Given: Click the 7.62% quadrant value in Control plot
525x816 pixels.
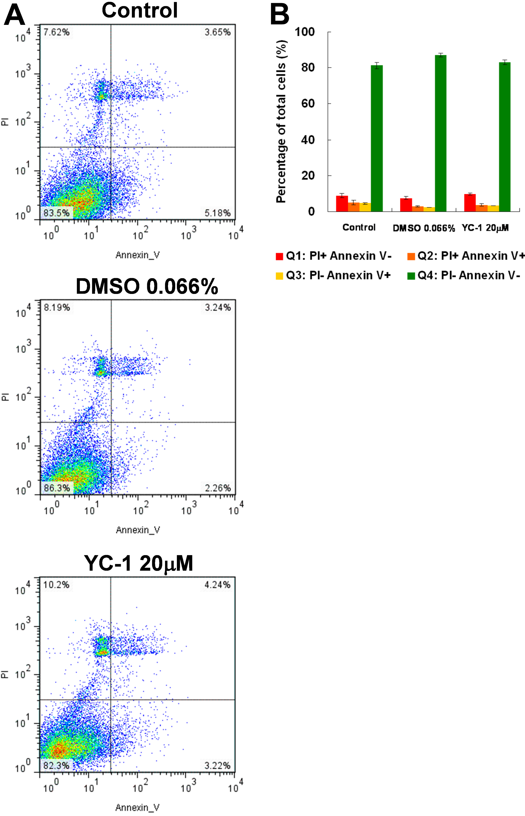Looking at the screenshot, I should [56, 32].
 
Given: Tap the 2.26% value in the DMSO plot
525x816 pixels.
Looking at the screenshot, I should [218, 488].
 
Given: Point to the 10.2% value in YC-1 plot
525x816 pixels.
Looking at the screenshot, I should [56, 585].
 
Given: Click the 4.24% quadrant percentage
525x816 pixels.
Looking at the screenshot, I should [218, 585].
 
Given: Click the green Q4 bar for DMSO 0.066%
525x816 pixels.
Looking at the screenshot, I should [441, 133].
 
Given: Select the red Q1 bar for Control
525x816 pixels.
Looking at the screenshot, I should [342, 204].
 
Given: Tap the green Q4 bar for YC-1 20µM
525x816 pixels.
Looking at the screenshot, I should [505, 137].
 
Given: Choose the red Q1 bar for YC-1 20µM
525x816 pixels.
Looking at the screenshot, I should [470, 203].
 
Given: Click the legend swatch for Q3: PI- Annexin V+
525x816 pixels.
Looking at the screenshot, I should [279, 276].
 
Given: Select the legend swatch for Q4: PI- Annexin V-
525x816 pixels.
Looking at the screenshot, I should [411, 276].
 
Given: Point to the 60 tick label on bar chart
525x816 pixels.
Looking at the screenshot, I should [308, 104].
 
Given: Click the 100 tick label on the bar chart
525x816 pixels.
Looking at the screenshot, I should [304, 32].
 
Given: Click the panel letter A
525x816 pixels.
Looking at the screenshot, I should [14, 16].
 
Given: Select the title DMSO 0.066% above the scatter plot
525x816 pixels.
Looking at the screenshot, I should [147, 286].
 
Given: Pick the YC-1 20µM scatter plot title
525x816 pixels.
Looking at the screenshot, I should [138, 563].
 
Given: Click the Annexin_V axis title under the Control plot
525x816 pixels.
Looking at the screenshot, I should [138, 255].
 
